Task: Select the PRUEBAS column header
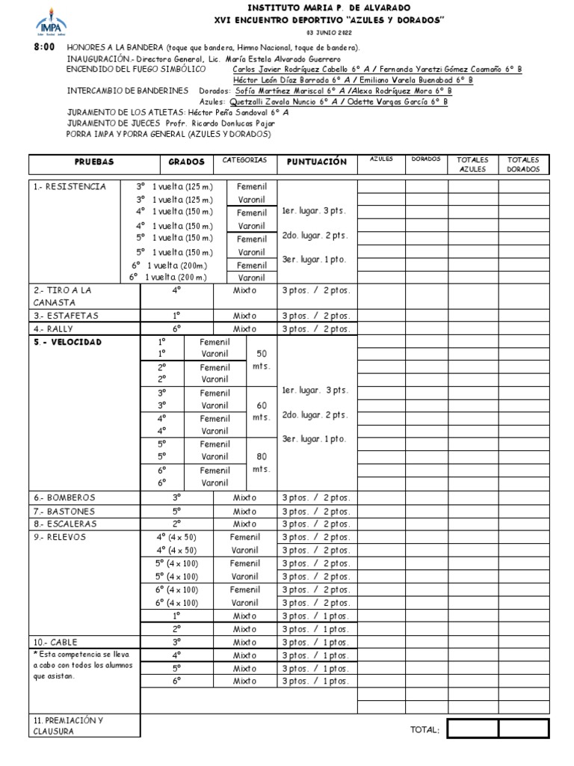pyautogui.click(x=93, y=162)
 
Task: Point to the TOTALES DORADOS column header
pyautogui.click(x=524, y=165)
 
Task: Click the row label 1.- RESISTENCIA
pyautogui.click(x=70, y=186)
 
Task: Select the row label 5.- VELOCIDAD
pyautogui.click(x=67, y=342)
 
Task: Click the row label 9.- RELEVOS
pyautogui.click(x=60, y=537)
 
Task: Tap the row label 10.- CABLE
pyautogui.click(x=55, y=642)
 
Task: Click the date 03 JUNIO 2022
pyautogui.click(x=328, y=34)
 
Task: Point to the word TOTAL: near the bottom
pyautogui.click(x=425, y=730)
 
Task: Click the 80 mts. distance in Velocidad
pyautogui.click(x=261, y=462)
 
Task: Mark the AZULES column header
pyautogui.click(x=381, y=159)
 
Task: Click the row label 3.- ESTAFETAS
pyautogui.click(x=66, y=316)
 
